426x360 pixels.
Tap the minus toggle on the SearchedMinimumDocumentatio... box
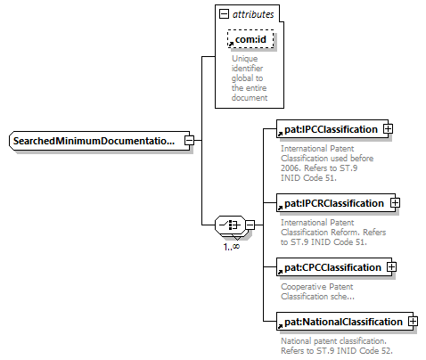(189, 141)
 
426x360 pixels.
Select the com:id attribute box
(250, 39)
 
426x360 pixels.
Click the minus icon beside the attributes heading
(224, 13)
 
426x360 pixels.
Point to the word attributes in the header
(253, 14)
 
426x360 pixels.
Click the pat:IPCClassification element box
(332, 129)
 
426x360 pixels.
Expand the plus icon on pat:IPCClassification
(388, 129)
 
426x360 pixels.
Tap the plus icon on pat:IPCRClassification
(395, 203)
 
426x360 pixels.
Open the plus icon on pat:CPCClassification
(391, 267)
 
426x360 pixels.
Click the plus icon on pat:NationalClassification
(413, 322)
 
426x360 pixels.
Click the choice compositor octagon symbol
(231, 225)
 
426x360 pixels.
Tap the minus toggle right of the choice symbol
(250, 225)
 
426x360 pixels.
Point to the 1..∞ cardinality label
(232, 246)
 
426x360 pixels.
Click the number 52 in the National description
(386, 351)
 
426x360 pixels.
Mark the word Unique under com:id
(245, 59)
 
